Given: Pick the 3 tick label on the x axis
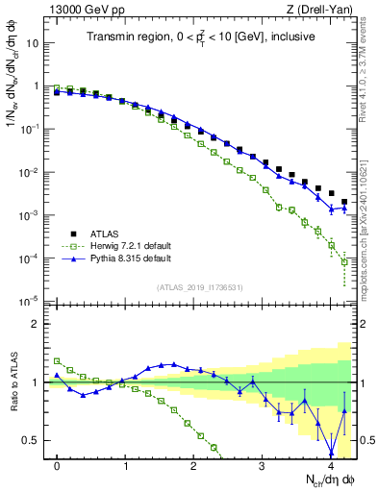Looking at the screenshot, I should [x=262, y=465].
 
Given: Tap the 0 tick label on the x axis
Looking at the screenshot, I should [x=57, y=465].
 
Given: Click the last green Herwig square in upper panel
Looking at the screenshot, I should [x=344, y=285].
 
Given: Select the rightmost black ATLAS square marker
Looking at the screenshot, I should [x=344, y=202].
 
